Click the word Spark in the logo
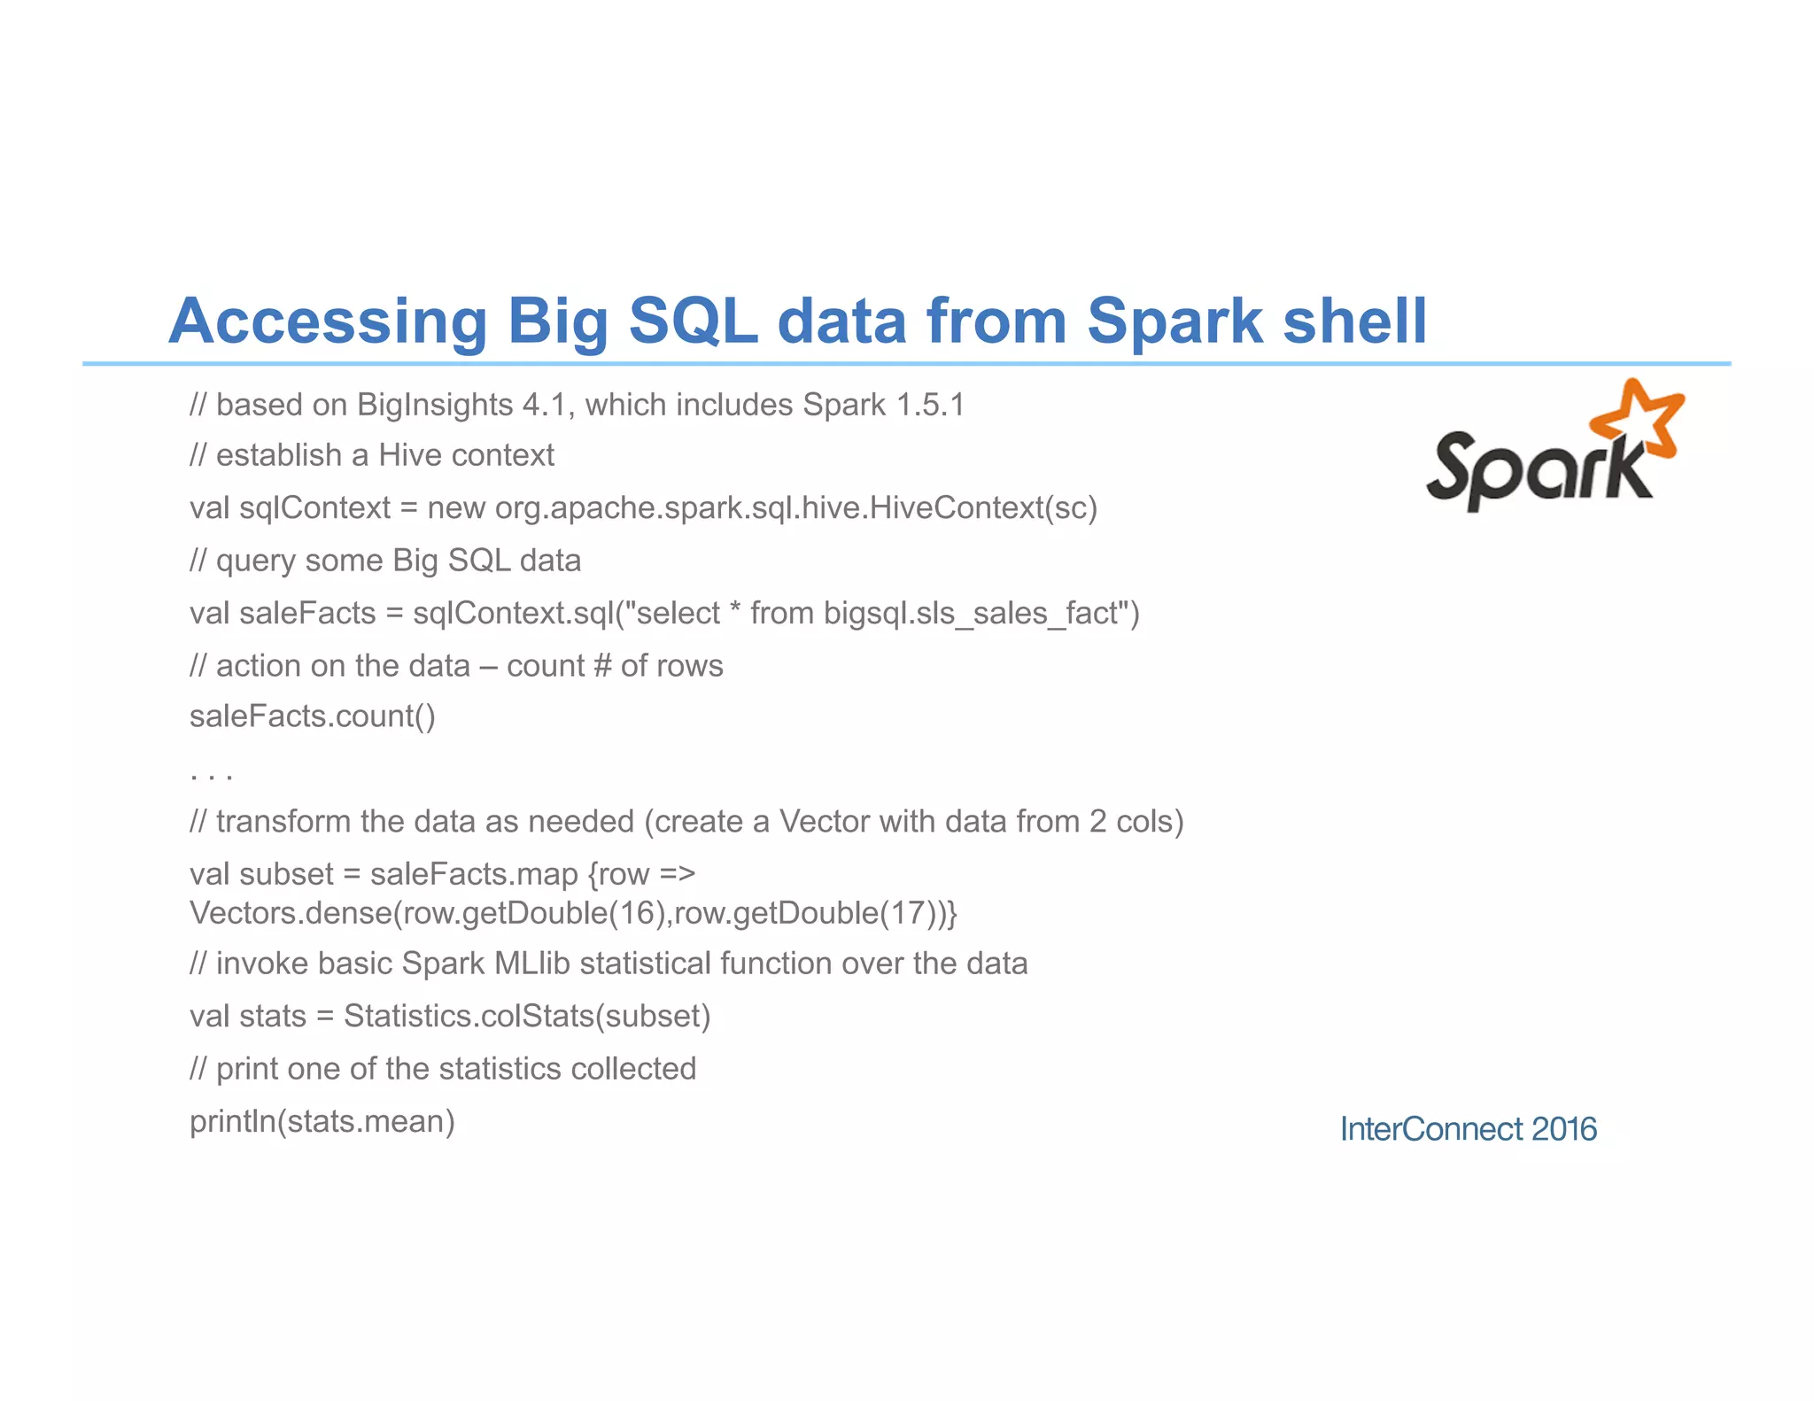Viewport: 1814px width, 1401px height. coord(1537,469)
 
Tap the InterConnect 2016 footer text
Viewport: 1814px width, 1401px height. coord(1468,1129)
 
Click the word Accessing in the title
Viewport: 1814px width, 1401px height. coord(327,321)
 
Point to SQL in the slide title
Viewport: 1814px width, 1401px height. coord(693,321)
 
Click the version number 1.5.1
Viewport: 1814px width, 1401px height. coord(930,405)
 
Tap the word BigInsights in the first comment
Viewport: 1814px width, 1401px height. coord(434,405)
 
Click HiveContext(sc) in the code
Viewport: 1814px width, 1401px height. coord(983,507)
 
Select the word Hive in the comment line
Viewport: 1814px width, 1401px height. coord(410,455)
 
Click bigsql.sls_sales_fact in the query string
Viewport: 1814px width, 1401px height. coord(974,613)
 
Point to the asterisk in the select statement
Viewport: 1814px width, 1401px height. coord(735,609)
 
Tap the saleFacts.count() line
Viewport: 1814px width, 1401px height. coord(312,716)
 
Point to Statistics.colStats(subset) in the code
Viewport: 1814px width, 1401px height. coord(527,1016)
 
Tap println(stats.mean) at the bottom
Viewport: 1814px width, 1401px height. coord(322,1122)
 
